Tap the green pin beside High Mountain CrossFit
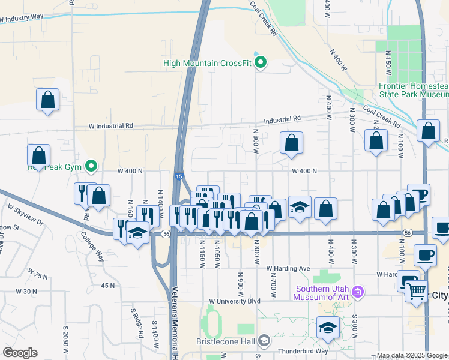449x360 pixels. click(x=261, y=62)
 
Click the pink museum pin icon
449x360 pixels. click(x=358, y=292)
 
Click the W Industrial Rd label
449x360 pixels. click(x=111, y=127)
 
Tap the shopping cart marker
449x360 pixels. click(x=417, y=292)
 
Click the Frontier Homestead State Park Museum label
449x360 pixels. click(x=414, y=90)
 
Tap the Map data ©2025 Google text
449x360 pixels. click(x=411, y=355)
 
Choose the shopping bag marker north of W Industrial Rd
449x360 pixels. click(x=47, y=100)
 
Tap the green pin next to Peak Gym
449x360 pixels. click(x=91, y=165)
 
